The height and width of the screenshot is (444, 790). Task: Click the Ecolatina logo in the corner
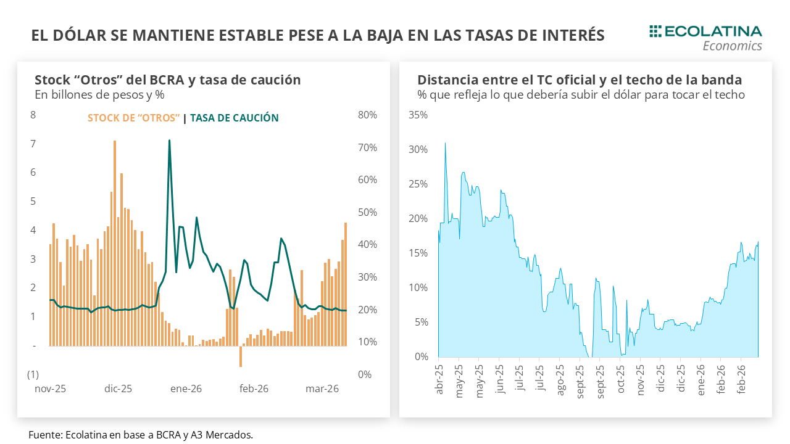click(x=705, y=37)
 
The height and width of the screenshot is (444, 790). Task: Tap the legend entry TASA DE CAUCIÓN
click(x=234, y=118)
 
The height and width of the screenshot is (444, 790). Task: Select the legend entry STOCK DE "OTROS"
click(x=134, y=118)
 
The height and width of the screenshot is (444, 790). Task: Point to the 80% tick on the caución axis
click(x=367, y=115)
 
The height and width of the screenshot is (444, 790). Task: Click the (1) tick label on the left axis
click(x=33, y=374)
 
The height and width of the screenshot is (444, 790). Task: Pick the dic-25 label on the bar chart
click(x=118, y=389)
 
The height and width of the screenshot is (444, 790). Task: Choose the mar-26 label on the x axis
click(x=322, y=389)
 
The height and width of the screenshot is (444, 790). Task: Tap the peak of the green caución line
click(x=169, y=141)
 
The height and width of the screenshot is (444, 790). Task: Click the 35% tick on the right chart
click(x=418, y=115)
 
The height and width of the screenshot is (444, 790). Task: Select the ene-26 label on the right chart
click(x=701, y=379)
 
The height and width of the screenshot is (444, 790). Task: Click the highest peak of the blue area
click(x=445, y=144)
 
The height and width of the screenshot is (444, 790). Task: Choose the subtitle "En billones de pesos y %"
click(x=99, y=95)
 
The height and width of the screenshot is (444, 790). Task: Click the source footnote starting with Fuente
click(x=141, y=435)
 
